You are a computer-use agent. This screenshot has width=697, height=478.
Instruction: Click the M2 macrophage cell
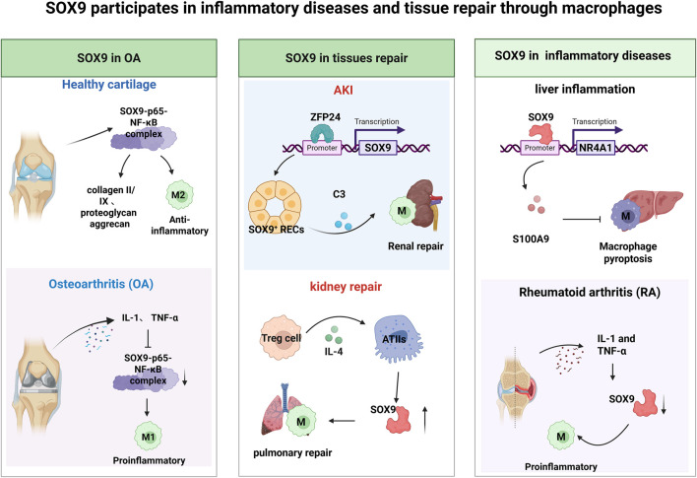[179, 195]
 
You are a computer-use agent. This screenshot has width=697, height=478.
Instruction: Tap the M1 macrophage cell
[148, 437]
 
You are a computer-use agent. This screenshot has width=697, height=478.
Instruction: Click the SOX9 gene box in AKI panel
[377, 147]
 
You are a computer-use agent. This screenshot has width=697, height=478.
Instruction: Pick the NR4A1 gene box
[596, 147]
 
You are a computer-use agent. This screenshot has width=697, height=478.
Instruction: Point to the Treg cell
[281, 338]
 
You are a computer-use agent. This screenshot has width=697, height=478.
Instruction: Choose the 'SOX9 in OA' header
[109, 58]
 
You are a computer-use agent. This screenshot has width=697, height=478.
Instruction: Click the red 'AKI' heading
[344, 91]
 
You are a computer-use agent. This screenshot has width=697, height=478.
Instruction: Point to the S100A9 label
[531, 239]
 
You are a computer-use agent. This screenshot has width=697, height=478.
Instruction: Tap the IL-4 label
[334, 352]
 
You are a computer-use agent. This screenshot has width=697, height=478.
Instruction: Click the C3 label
[339, 194]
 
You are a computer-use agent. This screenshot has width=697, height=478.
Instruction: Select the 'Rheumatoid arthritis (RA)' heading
[590, 293]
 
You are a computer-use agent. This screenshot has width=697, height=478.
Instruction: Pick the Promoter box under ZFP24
[322, 148]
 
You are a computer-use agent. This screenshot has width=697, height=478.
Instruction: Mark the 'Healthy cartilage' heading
[109, 85]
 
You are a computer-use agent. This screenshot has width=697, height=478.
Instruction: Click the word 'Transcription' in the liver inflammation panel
[595, 121]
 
